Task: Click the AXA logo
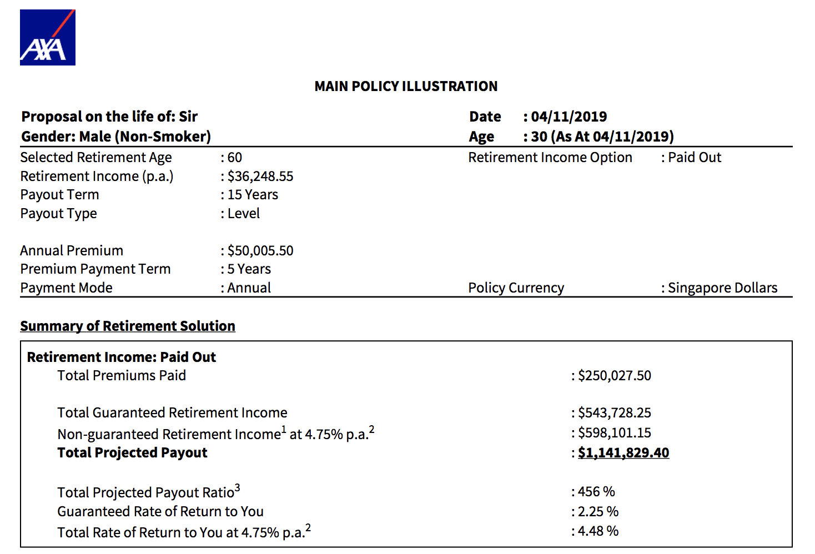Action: pyautogui.click(x=48, y=38)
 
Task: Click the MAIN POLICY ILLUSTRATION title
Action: pyautogui.click(x=406, y=86)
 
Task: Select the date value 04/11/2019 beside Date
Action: pyautogui.click(x=569, y=117)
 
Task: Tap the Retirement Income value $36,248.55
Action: pyautogui.click(x=260, y=177)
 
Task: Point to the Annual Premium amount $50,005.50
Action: pyautogui.click(x=260, y=251)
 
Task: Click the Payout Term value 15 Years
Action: pyautogui.click(x=253, y=195)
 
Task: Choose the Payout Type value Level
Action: pyautogui.click(x=243, y=214)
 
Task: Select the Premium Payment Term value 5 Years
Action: pyautogui.click(x=249, y=269)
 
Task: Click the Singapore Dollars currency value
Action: pyautogui.click(x=722, y=288)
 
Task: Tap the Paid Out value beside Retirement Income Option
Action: pyautogui.click(x=694, y=158)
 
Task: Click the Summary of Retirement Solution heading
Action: pyautogui.click(x=128, y=326)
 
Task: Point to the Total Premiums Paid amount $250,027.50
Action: pyautogui.click(x=614, y=376)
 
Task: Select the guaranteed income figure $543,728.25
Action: pyautogui.click(x=614, y=413)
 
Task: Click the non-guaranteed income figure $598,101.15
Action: pyautogui.click(x=614, y=433)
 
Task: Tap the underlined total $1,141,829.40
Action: pyautogui.click(x=623, y=453)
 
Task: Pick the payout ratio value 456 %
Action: pyautogui.click(x=596, y=492)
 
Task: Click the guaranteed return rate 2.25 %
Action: pyautogui.click(x=598, y=512)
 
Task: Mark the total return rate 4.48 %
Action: pyautogui.click(x=598, y=531)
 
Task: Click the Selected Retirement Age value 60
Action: pyautogui.click(x=234, y=158)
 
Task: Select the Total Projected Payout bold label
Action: pyautogui.click(x=132, y=453)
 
